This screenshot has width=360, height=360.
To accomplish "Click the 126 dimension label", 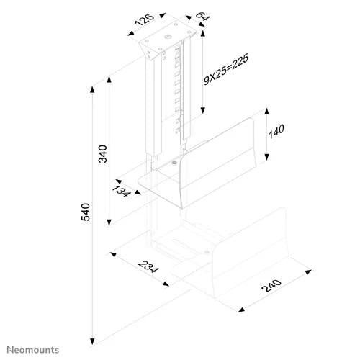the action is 145,19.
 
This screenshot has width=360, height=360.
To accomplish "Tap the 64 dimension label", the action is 203,17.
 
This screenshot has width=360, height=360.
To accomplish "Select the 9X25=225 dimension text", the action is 226,69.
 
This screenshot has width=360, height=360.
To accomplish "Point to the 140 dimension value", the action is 276,131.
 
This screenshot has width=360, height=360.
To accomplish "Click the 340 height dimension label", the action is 103,154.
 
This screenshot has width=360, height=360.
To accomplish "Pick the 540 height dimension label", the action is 86,212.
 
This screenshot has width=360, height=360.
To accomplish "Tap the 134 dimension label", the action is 122,191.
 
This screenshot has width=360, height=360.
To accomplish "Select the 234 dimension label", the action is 148,266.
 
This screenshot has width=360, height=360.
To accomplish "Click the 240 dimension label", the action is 271,285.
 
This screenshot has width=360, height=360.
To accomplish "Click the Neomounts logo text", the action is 33,350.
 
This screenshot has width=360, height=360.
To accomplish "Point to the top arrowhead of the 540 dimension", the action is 92,89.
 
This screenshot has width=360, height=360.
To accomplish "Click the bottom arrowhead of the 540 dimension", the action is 92,341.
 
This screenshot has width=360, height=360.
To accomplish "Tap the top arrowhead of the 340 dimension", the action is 109,79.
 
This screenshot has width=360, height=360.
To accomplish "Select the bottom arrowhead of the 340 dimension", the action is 109,222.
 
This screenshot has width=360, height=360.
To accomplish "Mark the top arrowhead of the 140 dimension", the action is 266,112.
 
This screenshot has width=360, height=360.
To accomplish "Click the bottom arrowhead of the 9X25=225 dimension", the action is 203,110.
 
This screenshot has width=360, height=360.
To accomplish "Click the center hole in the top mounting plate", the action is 168,37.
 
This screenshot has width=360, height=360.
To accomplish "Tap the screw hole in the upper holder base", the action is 174,163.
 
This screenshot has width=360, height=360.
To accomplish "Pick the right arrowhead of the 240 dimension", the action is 308,272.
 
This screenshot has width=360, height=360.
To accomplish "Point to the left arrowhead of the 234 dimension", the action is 113,254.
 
